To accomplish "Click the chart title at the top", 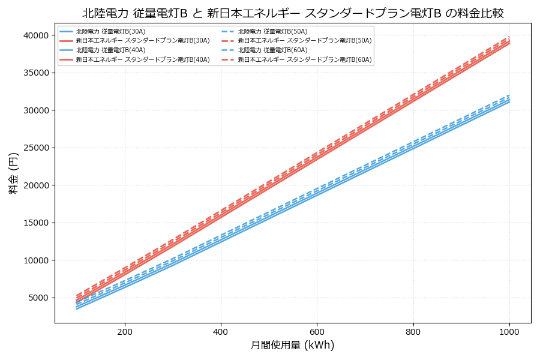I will pyautogui.click(x=293, y=13).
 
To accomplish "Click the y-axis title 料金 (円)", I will pyautogui.click(x=13, y=173).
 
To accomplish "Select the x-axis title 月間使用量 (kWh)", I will pyautogui.click(x=292, y=345).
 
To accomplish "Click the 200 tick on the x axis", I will pyautogui.click(x=125, y=331).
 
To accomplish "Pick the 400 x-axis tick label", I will pyautogui.click(x=221, y=331).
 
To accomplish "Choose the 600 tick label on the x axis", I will pyautogui.click(x=317, y=331).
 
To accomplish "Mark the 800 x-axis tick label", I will pyautogui.click(x=413, y=331).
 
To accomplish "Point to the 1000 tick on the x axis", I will pyautogui.click(x=509, y=331).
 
